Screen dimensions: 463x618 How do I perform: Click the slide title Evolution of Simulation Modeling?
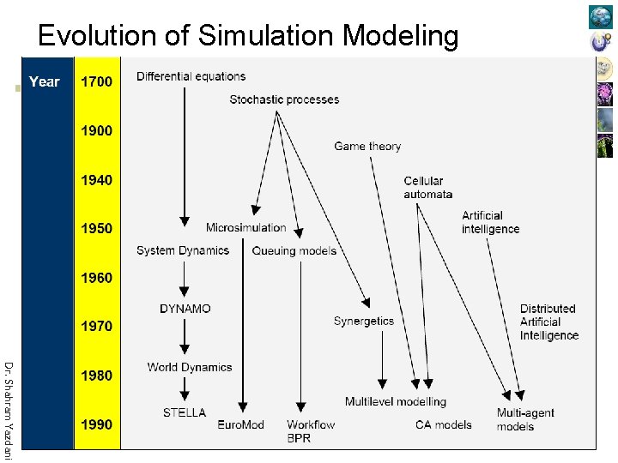[x=248, y=36]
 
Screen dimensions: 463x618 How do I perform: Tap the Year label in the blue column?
[x=44, y=81]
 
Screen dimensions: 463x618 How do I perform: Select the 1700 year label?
[x=96, y=81]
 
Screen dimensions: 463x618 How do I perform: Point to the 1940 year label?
[x=96, y=180]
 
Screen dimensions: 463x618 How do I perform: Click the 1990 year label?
[x=96, y=424]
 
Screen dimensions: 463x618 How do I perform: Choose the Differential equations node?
[x=191, y=76]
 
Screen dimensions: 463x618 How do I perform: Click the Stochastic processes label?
[x=284, y=99]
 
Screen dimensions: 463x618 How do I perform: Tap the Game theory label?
[x=367, y=146]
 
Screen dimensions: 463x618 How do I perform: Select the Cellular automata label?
[x=427, y=187]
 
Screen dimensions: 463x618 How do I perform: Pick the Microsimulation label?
[x=245, y=227]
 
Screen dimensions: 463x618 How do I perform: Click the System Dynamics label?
[x=182, y=250]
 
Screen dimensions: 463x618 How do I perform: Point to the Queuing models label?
[x=294, y=250]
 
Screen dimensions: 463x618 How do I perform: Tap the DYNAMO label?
[x=185, y=309]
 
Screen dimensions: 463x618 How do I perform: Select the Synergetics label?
[x=364, y=322]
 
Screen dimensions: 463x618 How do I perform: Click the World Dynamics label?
[x=189, y=367]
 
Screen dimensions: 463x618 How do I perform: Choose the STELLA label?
[x=185, y=412]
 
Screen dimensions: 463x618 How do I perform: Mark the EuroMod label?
[x=240, y=424]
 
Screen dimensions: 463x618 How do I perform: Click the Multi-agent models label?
[x=525, y=419]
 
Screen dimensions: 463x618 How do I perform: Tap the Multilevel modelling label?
[x=396, y=401]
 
